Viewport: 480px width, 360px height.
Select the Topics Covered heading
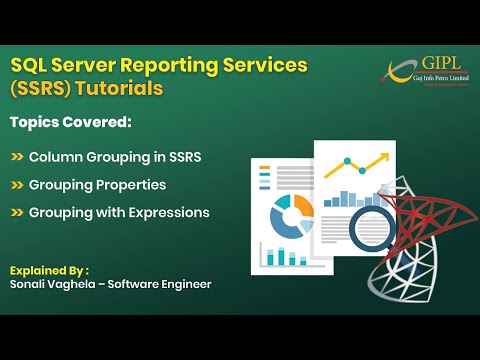tap(71, 123)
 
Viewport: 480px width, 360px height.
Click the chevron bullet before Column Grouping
tap(17, 158)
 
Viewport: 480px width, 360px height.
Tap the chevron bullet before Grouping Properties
tap(17, 185)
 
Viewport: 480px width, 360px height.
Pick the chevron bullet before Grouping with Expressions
tap(17, 212)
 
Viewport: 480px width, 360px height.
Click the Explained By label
tap(49, 271)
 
